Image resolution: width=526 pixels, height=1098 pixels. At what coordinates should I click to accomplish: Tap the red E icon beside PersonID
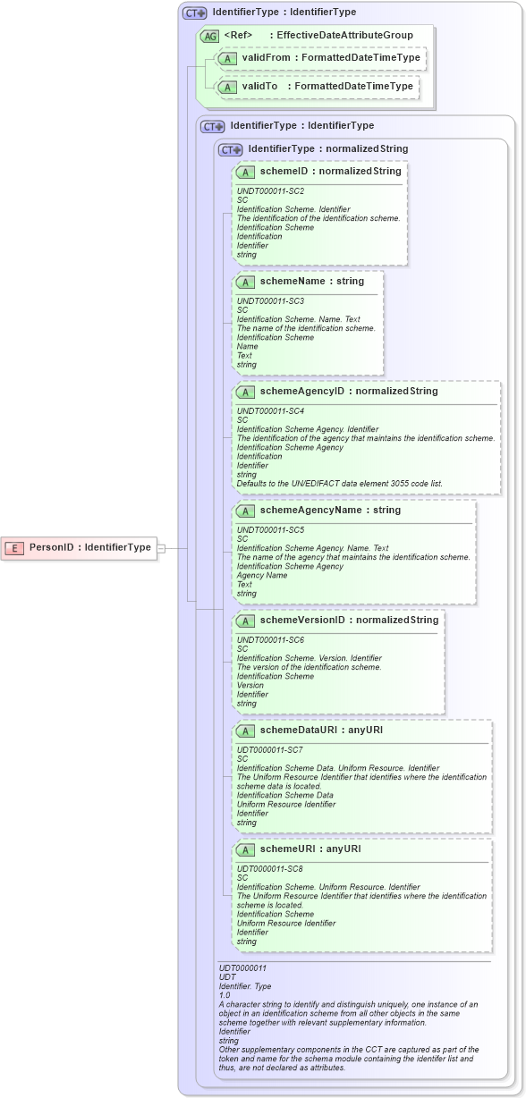point(15,547)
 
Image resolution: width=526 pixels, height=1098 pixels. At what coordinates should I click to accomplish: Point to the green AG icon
point(208,36)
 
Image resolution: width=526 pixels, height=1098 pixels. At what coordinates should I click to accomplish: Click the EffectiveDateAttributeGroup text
point(345,36)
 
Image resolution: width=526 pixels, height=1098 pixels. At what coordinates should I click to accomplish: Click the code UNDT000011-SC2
point(270,190)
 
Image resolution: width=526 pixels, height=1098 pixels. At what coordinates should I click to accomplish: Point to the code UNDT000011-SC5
point(270,530)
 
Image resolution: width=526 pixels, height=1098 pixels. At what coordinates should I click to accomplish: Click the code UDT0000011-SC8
point(270,868)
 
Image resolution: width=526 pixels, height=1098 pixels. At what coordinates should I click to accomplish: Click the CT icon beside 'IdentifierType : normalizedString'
point(231,149)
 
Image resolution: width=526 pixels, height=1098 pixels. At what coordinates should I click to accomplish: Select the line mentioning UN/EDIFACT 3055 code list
point(339,484)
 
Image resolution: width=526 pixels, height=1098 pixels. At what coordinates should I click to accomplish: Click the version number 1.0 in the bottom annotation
point(225,994)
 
